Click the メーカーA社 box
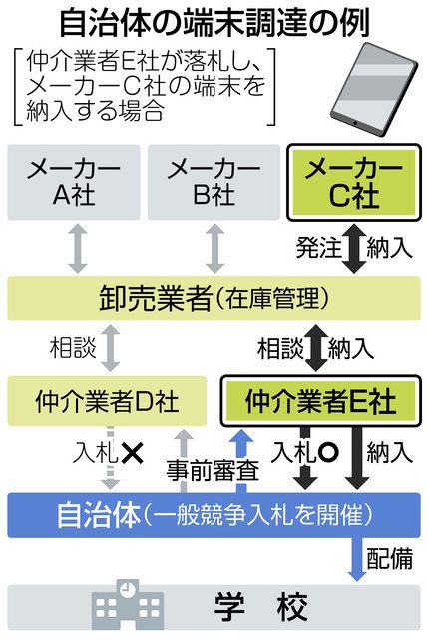[74, 182]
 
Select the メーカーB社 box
[214, 182]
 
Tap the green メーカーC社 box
[354, 182]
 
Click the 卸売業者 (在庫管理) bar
[214, 298]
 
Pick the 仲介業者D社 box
[107, 401]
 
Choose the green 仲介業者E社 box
[321, 401]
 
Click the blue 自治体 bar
[214, 515]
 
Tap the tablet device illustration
[373, 89]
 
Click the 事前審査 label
[213, 471]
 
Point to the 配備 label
[390, 558]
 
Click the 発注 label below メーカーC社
[319, 248]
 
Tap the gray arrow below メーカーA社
[78, 249]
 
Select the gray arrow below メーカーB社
[215, 249]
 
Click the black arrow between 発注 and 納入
[354, 249]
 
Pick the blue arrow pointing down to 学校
[357, 559]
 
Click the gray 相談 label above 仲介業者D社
[73, 348]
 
